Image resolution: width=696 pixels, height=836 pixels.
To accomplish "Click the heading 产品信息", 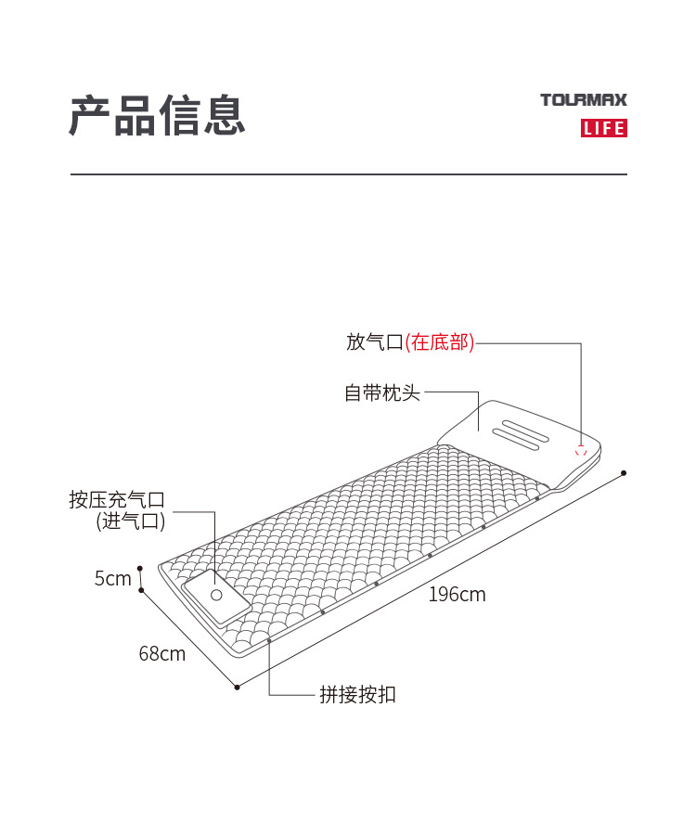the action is coord(158,115).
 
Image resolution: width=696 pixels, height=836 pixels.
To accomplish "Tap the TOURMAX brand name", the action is coord(584,99).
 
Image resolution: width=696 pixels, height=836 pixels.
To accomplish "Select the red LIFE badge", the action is coord(604,128).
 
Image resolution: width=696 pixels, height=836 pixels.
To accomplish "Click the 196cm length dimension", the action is coord(458,595).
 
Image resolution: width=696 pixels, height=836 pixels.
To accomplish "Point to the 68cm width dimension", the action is coord(162,653).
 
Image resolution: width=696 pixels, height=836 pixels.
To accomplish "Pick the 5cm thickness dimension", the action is coord(112,578).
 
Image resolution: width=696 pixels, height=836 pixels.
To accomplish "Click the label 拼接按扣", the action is coord(357,695).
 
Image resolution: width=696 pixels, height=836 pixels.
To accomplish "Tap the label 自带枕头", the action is coord(382,392).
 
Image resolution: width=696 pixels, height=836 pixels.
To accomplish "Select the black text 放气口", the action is coord(375,341).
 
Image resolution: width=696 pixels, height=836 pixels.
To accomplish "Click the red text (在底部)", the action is coord(440,341).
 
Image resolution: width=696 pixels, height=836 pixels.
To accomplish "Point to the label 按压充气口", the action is coord(117,499).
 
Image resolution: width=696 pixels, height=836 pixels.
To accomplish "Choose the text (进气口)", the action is coord(131,521).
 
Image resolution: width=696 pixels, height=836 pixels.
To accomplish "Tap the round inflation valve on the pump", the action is coord(216,595).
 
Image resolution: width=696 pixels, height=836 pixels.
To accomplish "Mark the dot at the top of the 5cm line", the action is coord(140,569).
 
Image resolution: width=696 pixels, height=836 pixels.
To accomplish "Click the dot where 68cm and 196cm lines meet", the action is coord(238,688).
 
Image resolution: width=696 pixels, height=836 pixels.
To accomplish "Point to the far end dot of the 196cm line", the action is coord(624,473).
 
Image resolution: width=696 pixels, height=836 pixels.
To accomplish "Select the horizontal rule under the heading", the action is coord(349,174).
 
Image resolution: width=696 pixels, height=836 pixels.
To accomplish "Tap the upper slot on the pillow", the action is coord(526,431).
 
